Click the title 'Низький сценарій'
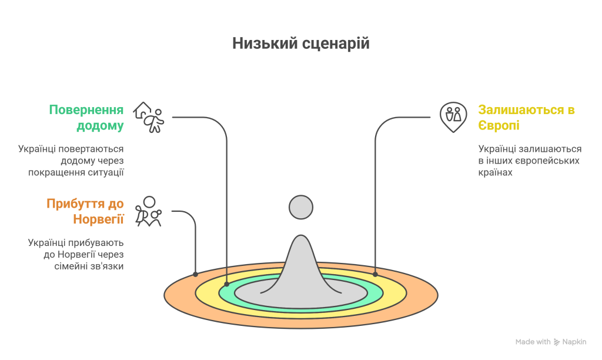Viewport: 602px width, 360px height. click(301, 44)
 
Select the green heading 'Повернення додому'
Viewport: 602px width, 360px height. click(86, 118)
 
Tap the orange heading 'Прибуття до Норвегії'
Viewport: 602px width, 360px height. click(85, 211)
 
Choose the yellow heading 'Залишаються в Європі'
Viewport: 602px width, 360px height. click(526, 118)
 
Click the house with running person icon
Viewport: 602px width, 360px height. click(149, 117)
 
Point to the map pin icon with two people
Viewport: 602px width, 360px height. click(453, 117)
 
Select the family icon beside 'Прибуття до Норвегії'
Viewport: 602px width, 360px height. click(148, 211)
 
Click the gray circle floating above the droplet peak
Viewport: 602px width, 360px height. click(301, 208)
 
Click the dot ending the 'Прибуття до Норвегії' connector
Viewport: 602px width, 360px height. click(195, 274)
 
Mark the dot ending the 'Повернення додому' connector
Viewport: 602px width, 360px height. click(226, 284)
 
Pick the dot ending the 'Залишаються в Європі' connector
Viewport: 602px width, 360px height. click(375, 274)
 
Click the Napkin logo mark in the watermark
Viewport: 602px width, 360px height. click(557, 342)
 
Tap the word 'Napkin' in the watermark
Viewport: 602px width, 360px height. click(574, 342)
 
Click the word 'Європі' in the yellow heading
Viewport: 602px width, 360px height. click(499, 126)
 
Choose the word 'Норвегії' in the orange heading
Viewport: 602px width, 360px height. click(98, 219)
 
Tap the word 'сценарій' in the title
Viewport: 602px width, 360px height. click(336, 44)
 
